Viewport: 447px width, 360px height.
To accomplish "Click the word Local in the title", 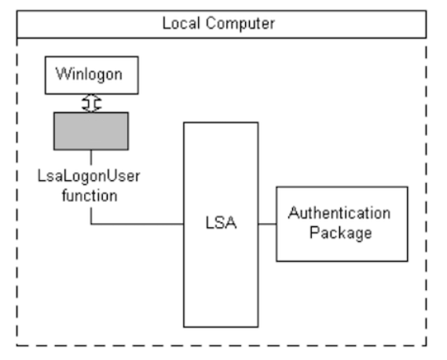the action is [181, 23].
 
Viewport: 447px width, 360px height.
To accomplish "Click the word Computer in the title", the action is [240, 24].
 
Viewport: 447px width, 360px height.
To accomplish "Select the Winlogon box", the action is [92, 75].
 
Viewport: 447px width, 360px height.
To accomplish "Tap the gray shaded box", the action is [91, 131].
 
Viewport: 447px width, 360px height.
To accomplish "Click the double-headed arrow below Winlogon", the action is [91, 103].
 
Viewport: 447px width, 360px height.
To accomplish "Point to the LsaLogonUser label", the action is [89, 176].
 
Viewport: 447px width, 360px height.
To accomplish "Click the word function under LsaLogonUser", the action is [90, 196].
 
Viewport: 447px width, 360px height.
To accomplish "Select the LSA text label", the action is [221, 222].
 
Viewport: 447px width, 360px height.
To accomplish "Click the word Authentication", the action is [339, 213].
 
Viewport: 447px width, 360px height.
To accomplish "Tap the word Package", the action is [341, 233].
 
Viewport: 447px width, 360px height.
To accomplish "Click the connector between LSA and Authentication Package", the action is [267, 224].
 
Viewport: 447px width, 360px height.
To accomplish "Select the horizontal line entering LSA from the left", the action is [137, 224].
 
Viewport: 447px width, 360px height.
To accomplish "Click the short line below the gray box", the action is [91, 157].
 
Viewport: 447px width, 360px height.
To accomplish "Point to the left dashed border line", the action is [17, 192].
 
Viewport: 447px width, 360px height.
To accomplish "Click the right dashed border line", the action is [427, 192].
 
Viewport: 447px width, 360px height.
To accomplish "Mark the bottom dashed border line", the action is [222, 345].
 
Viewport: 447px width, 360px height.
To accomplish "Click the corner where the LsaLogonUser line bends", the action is [91, 224].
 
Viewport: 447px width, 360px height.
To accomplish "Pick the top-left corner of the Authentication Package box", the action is [277, 187].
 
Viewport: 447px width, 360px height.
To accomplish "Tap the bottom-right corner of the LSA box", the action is [258, 327].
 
